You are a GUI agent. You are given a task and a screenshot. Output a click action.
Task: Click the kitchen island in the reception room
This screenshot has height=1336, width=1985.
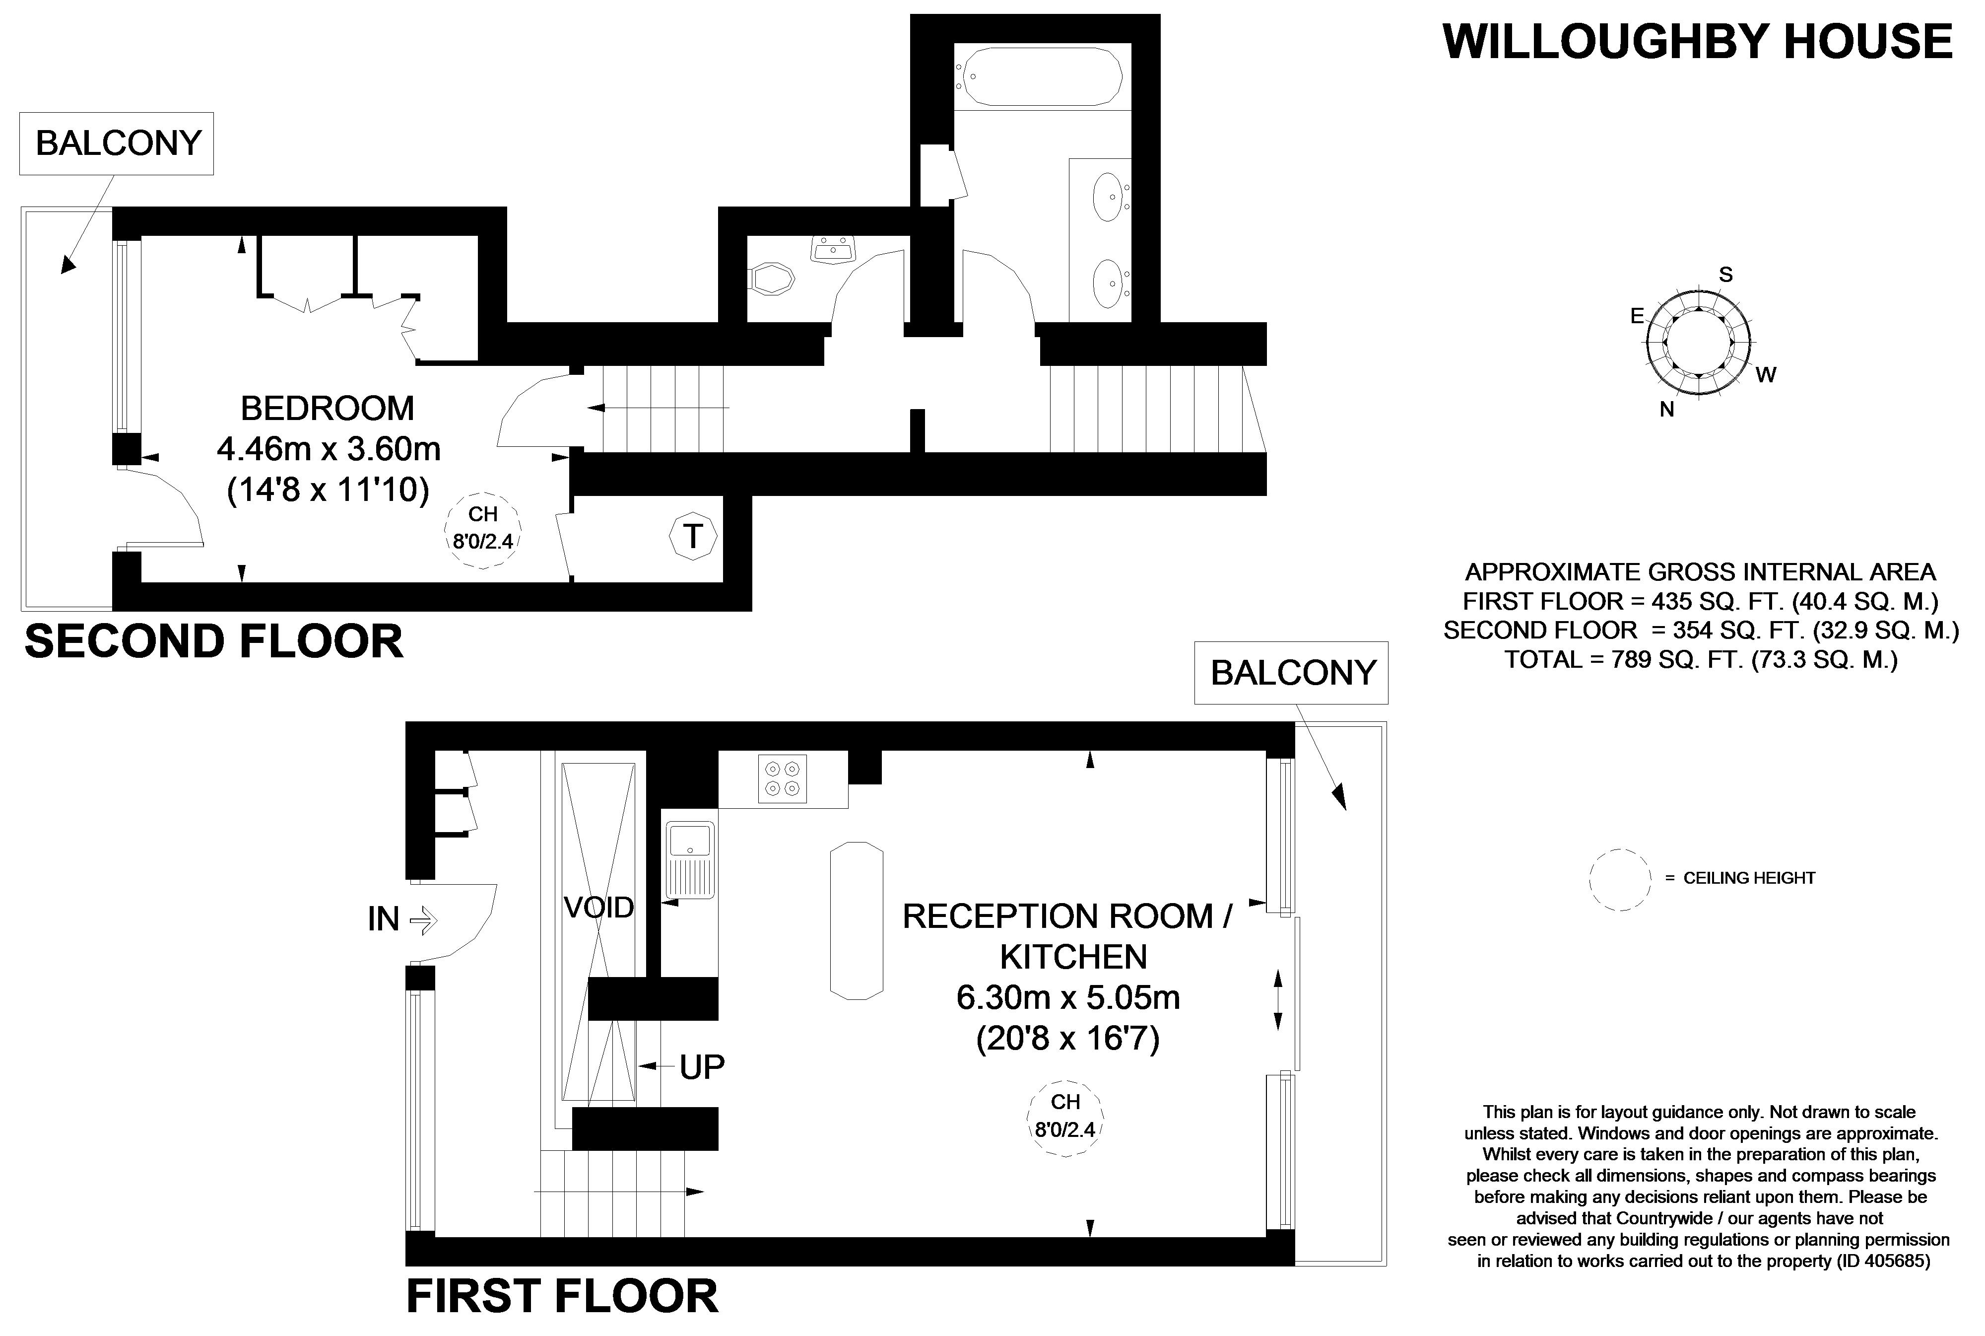coord(856,920)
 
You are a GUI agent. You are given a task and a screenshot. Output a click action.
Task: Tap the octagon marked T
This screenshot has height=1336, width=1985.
coord(693,537)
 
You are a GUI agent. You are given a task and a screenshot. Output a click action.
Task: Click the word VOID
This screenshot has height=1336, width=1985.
coord(598,908)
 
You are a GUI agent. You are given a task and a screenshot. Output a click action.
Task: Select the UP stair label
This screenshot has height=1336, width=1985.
coord(702,1067)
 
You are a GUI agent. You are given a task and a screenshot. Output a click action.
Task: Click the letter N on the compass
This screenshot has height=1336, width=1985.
coord(1666,410)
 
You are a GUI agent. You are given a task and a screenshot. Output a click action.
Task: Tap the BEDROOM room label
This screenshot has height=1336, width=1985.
coord(327,409)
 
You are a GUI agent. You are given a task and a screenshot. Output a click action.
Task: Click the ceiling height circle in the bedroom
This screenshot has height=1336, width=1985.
coord(483,529)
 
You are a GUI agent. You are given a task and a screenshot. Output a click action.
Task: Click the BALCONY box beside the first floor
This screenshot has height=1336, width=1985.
coord(1292,673)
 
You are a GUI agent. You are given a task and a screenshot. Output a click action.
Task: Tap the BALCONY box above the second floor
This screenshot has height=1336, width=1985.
coord(118,143)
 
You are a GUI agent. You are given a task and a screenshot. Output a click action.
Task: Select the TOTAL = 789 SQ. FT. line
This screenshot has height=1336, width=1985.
coord(1700,659)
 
